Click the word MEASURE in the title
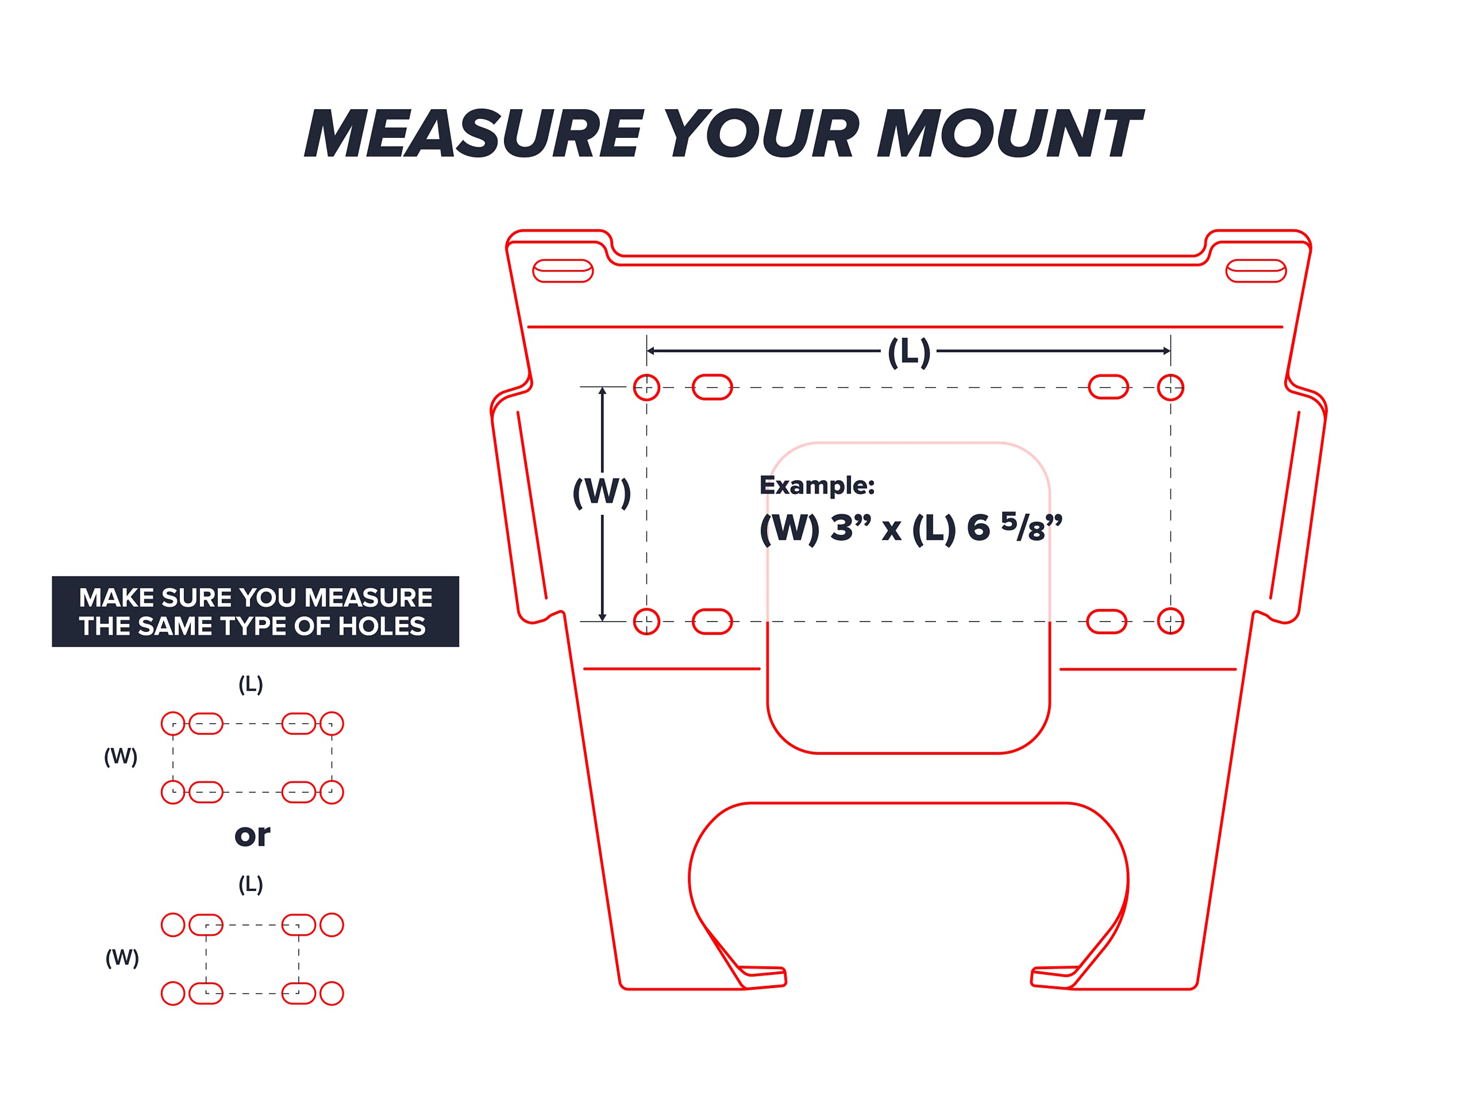[x=474, y=134]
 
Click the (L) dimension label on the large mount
[x=909, y=352]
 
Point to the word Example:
[x=817, y=485]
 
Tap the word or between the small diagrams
[x=252, y=836]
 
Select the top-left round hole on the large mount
[x=646, y=387]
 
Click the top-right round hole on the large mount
[x=1170, y=387]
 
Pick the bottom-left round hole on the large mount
[x=646, y=622]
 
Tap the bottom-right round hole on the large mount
[x=1170, y=621]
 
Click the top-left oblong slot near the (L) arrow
[x=712, y=387]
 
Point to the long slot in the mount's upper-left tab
[x=563, y=271]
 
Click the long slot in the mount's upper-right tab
[x=1256, y=271]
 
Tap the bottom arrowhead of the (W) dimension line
[x=603, y=617]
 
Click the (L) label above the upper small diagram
[x=251, y=684]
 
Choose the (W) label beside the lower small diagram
[x=122, y=958]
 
